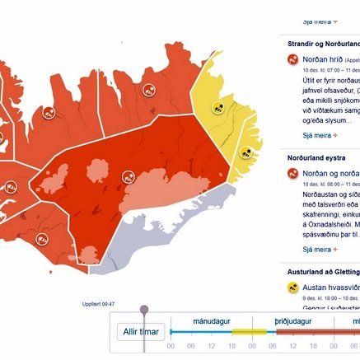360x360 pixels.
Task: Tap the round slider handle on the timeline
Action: (x=145, y=310)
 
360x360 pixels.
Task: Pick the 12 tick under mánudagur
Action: (x=212, y=346)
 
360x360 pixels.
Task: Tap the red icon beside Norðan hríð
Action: (x=292, y=59)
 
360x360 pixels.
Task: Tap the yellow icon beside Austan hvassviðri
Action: (x=292, y=288)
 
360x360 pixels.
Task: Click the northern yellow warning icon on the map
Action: (x=218, y=106)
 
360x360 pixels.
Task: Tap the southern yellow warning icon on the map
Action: (x=245, y=152)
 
